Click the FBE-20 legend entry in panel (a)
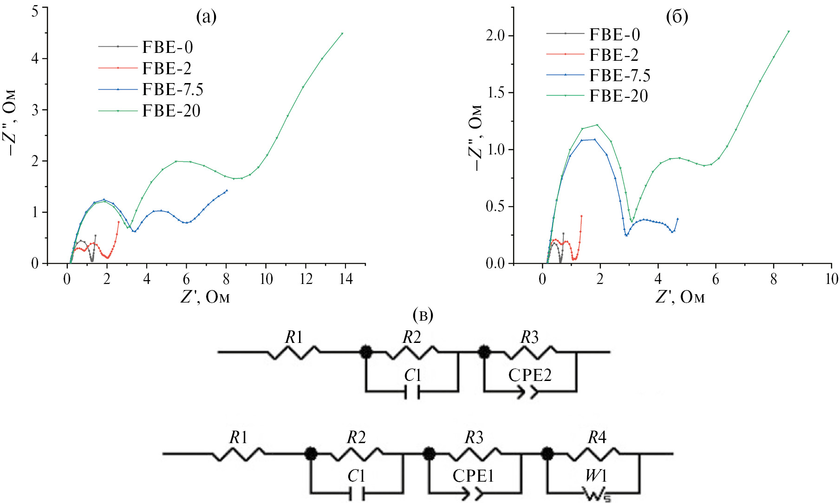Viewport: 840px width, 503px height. tap(171, 111)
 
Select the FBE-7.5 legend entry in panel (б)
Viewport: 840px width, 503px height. tap(619, 76)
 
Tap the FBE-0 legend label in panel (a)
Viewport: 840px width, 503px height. tap(167, 47)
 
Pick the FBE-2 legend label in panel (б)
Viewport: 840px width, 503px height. tap(614, 55)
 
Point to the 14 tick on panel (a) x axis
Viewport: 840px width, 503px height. tap(346, 279)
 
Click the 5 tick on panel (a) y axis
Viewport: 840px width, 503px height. tap(35, 11)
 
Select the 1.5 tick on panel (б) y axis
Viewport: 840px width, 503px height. tap(495, 93)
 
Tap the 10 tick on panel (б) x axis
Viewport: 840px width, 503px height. tap(831, 279)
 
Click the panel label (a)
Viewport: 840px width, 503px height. tap(206, 17)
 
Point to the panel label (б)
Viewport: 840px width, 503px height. tap(677, 17)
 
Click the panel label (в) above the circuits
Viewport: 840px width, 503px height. tap(423, 315)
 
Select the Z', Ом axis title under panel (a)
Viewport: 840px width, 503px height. tap(205, 297)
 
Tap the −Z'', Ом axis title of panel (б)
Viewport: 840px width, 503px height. tap(476, 137)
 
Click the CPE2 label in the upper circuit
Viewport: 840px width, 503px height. tap(530, 375)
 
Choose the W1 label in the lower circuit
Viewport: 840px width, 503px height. tap(596, 476)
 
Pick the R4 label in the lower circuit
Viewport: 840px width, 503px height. tap(597, 437)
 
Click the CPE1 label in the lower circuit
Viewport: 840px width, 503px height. tap(473, 476)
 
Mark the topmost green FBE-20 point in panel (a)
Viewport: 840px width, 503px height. tap(342, 33)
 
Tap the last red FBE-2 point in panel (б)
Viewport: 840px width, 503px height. tap(581, 216)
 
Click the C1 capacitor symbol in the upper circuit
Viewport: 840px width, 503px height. tap(412, 393)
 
